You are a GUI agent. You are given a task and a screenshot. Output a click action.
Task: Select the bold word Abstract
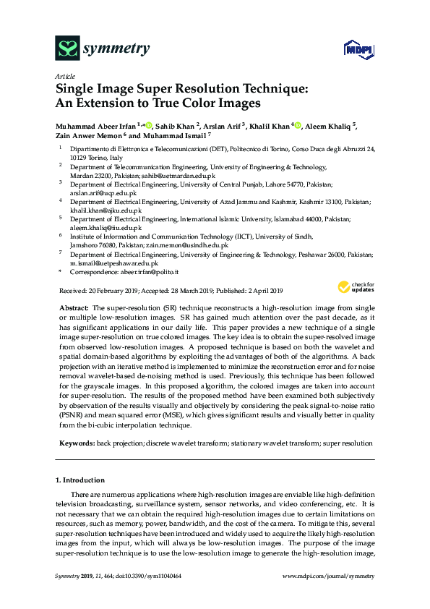pyautogui.click(x=73, y=307)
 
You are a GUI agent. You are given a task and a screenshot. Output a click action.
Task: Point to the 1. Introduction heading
pyautogui.click(x=79, y=480)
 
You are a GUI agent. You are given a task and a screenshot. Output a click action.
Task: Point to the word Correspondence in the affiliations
pyautogui.click(x=93, y=271)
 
